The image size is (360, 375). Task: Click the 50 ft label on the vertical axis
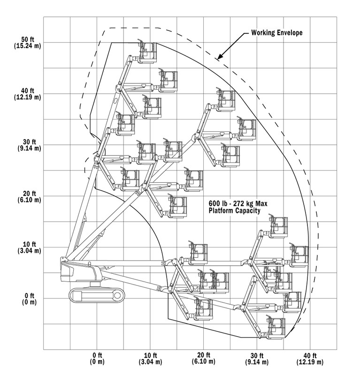[28, 39]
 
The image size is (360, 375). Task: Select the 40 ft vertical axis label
[28, 90]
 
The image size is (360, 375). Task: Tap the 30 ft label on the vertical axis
[29, 142]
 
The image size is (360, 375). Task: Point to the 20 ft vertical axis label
[29, 193]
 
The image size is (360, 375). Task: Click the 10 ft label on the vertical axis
[29, 244]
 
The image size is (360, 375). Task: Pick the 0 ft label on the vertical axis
[30, 296]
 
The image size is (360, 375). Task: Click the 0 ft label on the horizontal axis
[97, 355]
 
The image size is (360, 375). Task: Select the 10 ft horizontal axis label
[150, 355]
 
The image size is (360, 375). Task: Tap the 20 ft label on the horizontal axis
[204, 355]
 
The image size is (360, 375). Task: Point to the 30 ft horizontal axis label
[257, 355]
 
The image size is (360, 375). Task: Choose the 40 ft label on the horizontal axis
[310, 355]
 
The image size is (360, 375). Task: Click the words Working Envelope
[276, 33]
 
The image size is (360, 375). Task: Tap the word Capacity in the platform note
[248, 210]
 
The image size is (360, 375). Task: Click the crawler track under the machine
[97, 295]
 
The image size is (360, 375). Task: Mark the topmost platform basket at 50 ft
[147, 52]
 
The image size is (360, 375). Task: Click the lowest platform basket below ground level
[276, 328]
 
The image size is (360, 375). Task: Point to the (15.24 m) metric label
[27, 46]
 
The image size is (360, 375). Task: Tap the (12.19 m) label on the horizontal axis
[310, 362]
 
